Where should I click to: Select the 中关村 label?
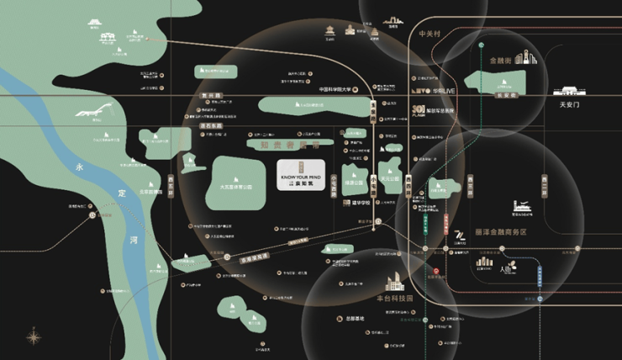[x=430, y=34]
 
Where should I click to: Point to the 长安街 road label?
[x=503, y=96]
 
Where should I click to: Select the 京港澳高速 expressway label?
[x=237, y=256]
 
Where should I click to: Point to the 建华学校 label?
[x=362, y=203]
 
